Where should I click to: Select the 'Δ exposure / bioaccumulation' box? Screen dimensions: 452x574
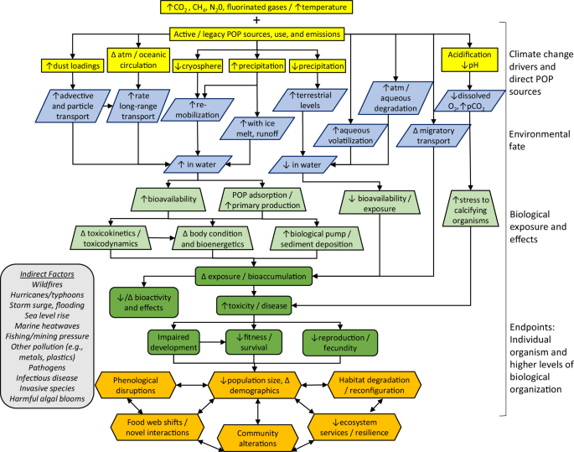click(254, 274)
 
